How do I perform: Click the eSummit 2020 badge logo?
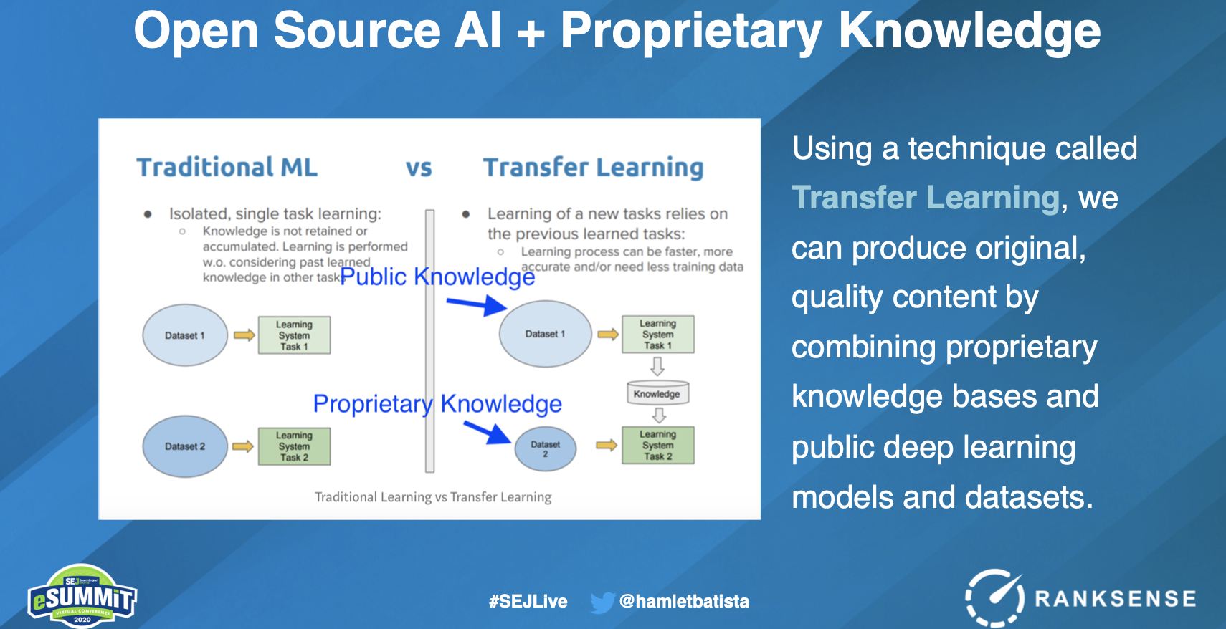coord(82,595)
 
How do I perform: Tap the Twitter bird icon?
coord(602,602)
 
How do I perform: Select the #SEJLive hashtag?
coord(528,602)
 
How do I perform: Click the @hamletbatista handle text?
coord(684,602)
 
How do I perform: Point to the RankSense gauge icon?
coord(994,597)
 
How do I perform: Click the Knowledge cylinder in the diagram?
coord(657,393)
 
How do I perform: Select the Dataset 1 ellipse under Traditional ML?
coord(185,335)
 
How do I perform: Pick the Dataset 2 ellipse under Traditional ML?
coord(185,446)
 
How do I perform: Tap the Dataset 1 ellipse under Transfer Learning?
coord(545,334)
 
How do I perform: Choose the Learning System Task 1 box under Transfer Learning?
coord(658,334)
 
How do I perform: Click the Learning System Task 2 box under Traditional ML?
coord(295,446)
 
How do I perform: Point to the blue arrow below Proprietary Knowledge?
coord(487,432)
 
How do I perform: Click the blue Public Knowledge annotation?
coord(437,277)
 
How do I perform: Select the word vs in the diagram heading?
coord(419,168)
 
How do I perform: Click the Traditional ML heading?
coord(227,167)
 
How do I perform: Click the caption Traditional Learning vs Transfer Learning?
coord(433,496)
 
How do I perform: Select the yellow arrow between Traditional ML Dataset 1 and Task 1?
coord(244,335)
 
